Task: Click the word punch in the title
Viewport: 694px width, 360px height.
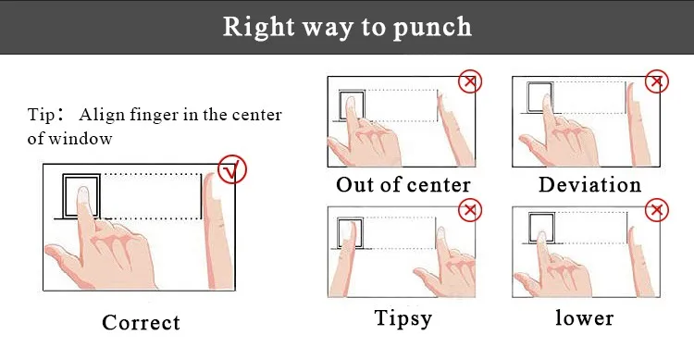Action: pyautogui.click(x=432, y=28)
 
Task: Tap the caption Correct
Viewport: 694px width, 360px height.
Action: pyautogui.click(x=142, y=322)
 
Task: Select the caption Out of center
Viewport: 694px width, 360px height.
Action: pyautogui.click(x=403, y=185)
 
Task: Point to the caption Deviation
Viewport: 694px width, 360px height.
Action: pyautogui.click(x=589, y=185)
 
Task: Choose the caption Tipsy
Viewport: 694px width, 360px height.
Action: pyautogui.click(x=403, y=318)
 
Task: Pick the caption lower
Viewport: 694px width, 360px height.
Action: pyautogui.click(x=585, y=318)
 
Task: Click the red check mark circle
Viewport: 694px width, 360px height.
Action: pyautogui.click(x=232, y=169)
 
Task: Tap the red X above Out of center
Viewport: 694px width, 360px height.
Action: pyautogui.click(x=469, y=81)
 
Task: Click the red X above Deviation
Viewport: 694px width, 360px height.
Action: pyautogui.click(x=656, y=81)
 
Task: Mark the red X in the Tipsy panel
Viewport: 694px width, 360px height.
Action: pyautogui.click(x=469, y=210)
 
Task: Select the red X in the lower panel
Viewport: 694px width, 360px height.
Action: pyautogui.click(x=656, y=210)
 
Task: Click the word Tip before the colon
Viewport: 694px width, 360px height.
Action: pyautogui.click(x=41, y=115)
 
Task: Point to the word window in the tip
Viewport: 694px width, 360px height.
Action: pyautogui.click(x=81, y=139)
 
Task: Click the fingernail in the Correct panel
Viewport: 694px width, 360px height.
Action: pyautogui.click(x=83, y=194)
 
